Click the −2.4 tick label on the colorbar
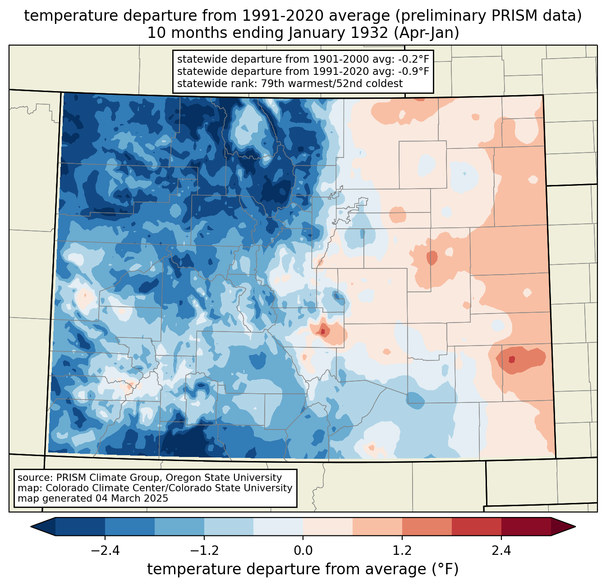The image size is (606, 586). coord(105,551)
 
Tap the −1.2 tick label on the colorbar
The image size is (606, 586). coord(204,551)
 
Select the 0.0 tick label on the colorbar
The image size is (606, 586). coord(303,551)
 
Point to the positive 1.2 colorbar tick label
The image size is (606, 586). coord(402,551)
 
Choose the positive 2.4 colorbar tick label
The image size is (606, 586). coord(501,551)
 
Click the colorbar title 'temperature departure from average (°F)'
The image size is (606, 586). coord(303,569)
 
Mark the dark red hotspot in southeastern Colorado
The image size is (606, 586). coord(511,360)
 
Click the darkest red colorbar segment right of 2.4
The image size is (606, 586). coord(526,526)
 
